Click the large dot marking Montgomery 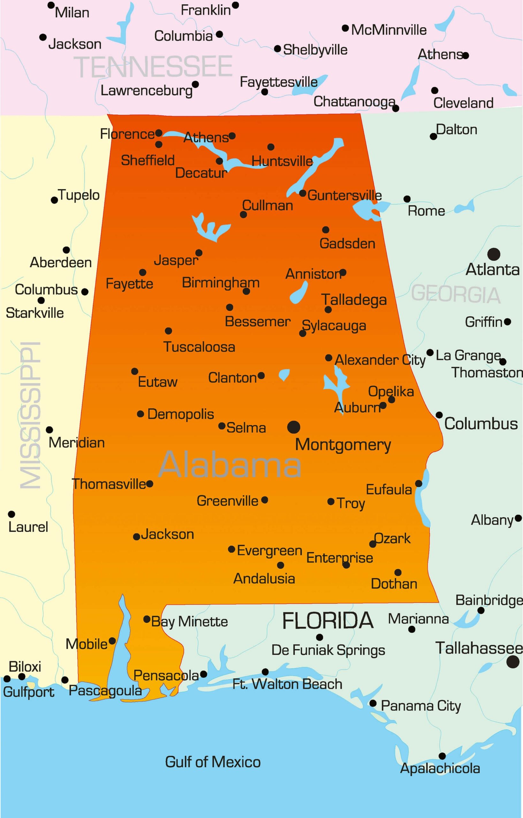pos(293,427)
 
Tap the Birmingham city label pos(221,283)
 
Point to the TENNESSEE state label pos(153,66)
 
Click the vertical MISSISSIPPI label pos(31,415)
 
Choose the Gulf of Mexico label pos(213,762)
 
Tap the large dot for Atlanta pos(493,254)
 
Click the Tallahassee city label pos(479,648)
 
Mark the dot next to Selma pos(222,426)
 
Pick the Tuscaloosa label pos(199,347)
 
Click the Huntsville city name pos(282,161)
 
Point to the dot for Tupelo pos(54,200)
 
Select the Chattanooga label pos(354,101)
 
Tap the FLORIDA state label pos(328,621)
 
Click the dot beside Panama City pos(373,703)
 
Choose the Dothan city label pos(394,583)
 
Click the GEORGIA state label pos(455,294)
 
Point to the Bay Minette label pos(189,621)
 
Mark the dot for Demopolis pos(140,414)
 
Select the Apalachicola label pos(440,768)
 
